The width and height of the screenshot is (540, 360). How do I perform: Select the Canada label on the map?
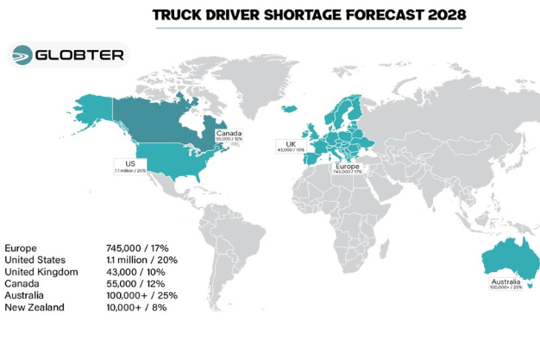tap(229, 135)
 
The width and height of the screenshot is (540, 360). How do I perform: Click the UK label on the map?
tap(291, 145)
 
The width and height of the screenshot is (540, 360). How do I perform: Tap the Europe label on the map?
tap(348, 166)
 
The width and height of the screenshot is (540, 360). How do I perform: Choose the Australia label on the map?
tap(505, 281)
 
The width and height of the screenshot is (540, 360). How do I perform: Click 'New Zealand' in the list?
tap(35, 307)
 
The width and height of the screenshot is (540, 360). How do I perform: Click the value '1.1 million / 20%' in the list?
tap(143, 260)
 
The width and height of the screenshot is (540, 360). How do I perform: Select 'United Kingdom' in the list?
tap(41, 272)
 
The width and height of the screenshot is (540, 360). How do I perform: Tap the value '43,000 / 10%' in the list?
tap(138, 272)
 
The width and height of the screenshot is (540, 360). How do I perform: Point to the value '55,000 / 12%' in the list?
tap(138, 283)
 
